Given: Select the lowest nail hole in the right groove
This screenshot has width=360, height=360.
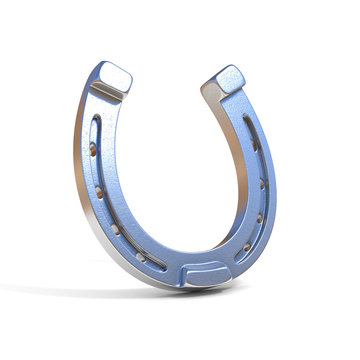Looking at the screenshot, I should click(x=246, y=243).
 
